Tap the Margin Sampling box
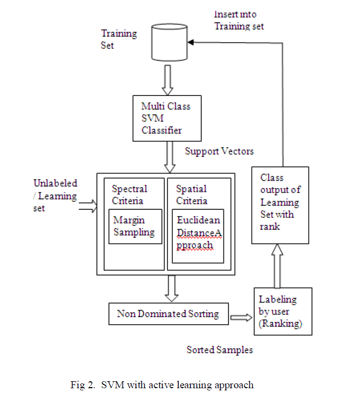134,226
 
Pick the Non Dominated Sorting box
167,314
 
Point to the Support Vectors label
219,152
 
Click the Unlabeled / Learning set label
55,196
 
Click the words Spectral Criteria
130,195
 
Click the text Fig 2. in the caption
82,385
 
